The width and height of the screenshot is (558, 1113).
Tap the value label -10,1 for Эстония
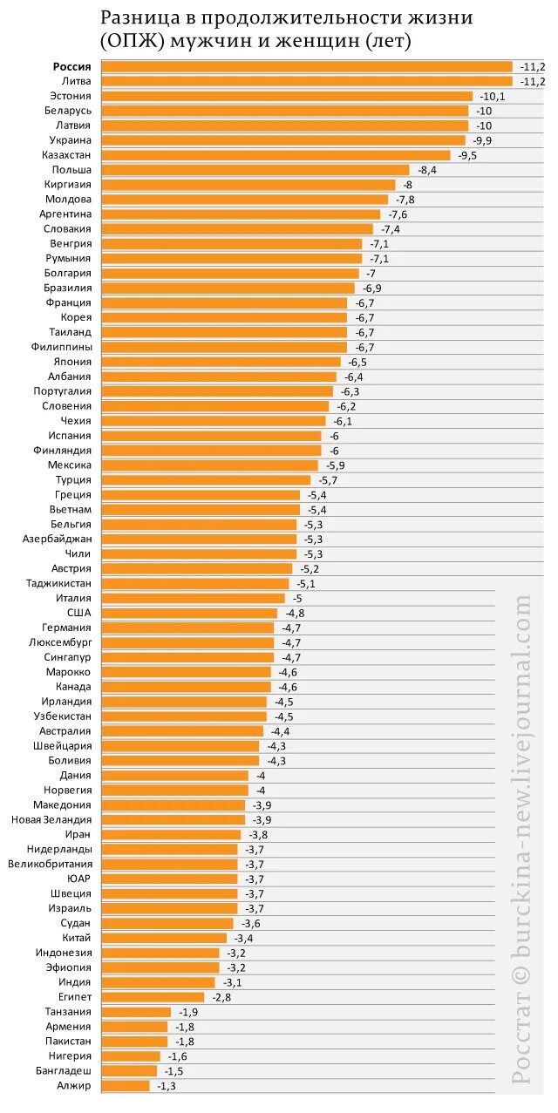491,96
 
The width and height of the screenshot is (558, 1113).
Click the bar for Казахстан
276,155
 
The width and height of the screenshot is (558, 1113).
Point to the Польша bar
255,170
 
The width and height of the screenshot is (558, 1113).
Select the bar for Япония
221,362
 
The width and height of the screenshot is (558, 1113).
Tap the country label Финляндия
62,451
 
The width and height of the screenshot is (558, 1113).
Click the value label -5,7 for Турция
328,480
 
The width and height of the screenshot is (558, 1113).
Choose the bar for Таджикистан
195,584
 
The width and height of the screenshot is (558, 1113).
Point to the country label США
78,613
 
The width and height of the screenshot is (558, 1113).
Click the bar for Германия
188,628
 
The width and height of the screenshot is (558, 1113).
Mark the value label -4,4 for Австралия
280,731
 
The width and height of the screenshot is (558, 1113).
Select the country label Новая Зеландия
51,820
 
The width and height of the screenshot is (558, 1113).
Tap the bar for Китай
164,938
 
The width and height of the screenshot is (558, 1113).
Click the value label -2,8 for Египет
221,997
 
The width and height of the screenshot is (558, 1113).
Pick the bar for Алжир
126,1086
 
